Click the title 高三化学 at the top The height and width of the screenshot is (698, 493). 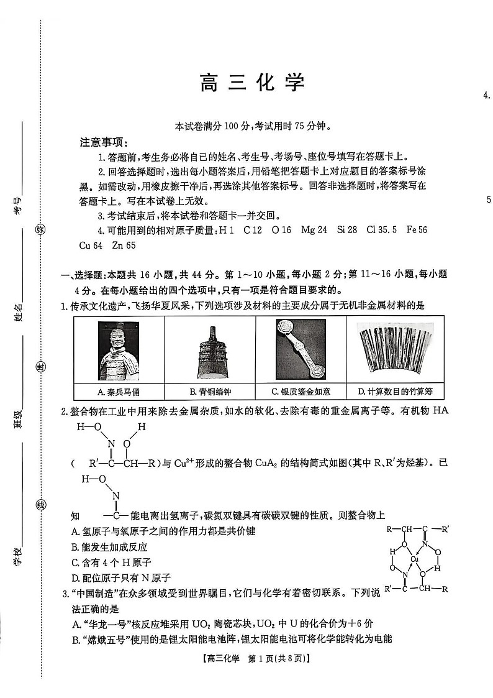(253, 83)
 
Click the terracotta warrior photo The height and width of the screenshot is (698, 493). (118, 351)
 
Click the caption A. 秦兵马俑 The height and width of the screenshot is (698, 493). (119, 392)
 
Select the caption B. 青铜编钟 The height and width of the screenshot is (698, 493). (210, 392)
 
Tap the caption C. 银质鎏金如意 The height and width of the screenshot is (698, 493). (301, 392)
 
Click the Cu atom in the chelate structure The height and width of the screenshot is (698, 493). (414, 559)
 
